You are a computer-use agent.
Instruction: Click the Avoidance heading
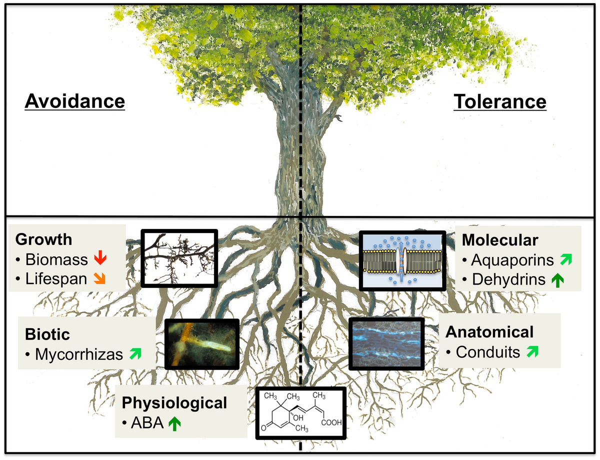[74, 101]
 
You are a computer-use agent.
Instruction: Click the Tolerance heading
[500, 101]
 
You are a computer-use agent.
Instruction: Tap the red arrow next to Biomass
[100, 259]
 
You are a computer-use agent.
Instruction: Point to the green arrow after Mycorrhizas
[133, 354]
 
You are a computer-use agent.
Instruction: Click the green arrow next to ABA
[174, 424]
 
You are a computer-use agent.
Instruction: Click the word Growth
[43, 239]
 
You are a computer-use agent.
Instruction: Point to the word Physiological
[175, 402]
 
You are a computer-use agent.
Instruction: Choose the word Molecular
[500, 240]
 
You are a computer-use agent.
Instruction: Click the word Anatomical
[490, 331]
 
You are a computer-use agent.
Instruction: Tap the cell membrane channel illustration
[402, 260]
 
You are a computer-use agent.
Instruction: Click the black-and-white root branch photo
[179, 258]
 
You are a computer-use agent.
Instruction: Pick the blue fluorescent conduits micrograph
[386, 343]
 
